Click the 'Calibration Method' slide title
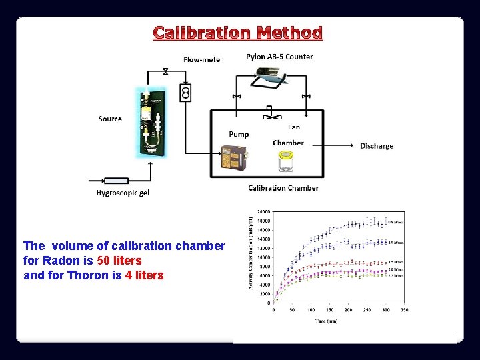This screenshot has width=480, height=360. [x=238, y=33]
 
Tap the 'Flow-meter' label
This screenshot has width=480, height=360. [x=203, y=59]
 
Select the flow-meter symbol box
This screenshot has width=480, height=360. [x=186, y=92]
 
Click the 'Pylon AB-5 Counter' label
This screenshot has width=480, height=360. [x=279, y=57]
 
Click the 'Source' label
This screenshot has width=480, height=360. [x=110, y=119]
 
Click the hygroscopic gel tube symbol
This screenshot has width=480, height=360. [x=116, y=181]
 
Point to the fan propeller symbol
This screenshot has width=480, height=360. [x=269, y=116]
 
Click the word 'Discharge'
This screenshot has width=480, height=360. [x=377, y=146]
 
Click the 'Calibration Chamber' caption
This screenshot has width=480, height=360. [x=283, y=188]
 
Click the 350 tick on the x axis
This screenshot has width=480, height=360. [x=403, y=310]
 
